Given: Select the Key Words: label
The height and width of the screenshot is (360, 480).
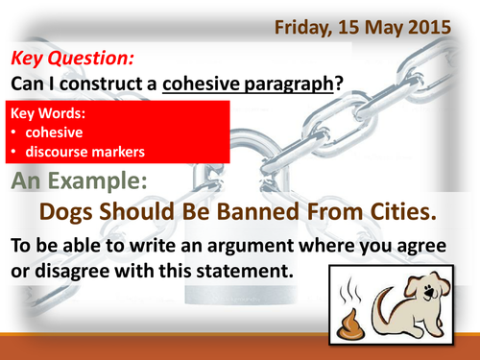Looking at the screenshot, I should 46,114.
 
